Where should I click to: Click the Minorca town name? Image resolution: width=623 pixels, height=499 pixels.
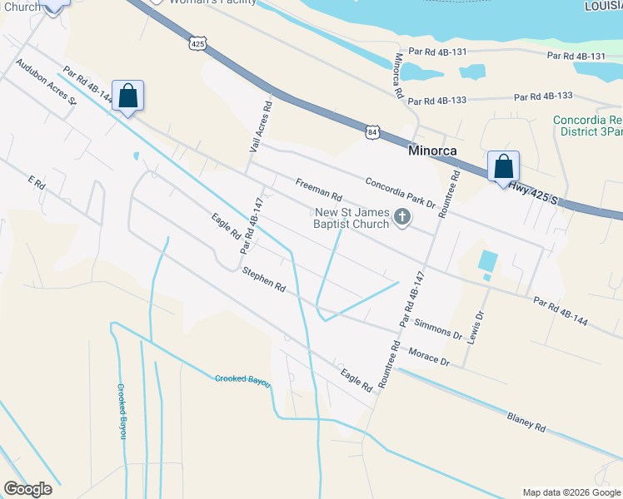(435, 152)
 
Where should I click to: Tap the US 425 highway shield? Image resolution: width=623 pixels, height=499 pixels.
(197, 43)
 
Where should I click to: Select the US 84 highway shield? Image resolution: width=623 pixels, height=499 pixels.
(372, 131)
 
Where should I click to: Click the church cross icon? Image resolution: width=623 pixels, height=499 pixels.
(402, 218)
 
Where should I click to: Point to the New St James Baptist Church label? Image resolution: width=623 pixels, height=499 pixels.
(351, 218)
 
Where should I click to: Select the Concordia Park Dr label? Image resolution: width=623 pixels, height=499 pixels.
(401, 192)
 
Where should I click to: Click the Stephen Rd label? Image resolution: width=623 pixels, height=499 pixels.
(264, 279)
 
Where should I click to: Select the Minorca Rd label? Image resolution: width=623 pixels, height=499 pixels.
(398, 77)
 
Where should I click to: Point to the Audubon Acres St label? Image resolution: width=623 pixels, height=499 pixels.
(45, 82)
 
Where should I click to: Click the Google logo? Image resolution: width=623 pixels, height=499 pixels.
(27, 489)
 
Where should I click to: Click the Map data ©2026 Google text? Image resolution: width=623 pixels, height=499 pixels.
(571, 492)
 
